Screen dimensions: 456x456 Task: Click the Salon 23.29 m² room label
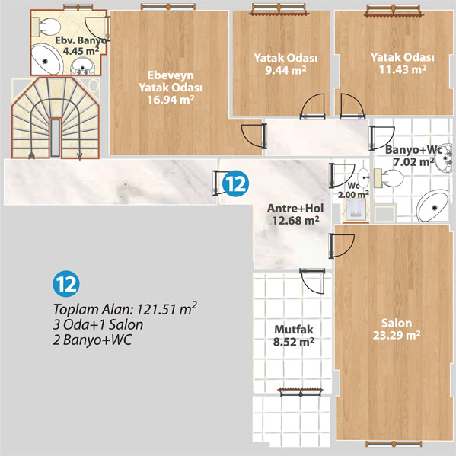(397, 329)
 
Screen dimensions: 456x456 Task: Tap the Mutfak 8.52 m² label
(294, 336)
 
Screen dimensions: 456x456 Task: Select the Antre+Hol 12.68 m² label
(295, 215)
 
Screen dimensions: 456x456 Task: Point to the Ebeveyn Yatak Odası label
(171, 88)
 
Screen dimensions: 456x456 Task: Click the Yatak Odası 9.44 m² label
(285, 64)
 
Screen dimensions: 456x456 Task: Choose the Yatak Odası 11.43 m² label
(403, 63)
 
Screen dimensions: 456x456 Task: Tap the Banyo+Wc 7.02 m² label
(414, 156)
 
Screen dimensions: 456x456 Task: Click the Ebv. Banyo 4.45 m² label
(81, 46)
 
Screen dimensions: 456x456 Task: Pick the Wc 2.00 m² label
(354, 190)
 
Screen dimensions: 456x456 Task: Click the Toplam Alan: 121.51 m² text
(125, 309)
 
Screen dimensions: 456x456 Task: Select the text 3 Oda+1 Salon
(98, 325)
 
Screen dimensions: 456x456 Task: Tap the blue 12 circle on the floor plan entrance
(235, 183)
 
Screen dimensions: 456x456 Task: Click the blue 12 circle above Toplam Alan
(66, 284)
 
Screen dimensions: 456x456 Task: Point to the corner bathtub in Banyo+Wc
(433, 206)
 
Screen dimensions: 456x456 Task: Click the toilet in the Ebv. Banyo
(46, 27)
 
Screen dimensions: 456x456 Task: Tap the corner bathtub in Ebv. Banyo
(46, 59)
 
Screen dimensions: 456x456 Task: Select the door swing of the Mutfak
(313, 281)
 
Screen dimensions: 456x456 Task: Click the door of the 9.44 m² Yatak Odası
(313, 106)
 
